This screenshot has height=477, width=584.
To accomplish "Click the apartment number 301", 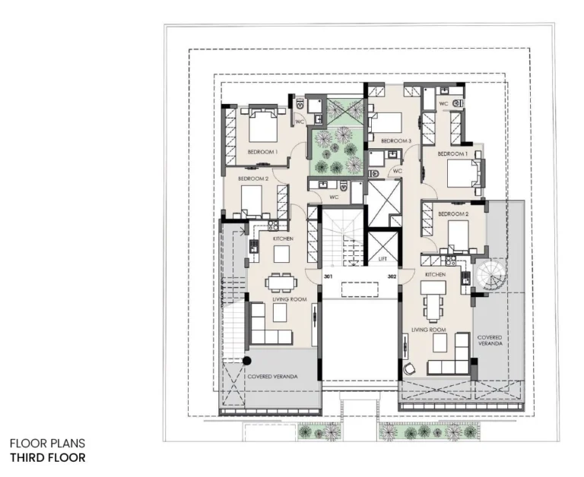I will [328, 277].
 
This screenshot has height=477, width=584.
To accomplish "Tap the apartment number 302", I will [392, 277].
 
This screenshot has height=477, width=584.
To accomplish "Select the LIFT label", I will [382, 260].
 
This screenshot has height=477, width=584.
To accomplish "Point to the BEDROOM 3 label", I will [396, 141].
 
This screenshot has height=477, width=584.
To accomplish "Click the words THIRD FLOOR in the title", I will [47, 458].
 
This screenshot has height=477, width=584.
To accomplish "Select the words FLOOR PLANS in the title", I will [47, 444].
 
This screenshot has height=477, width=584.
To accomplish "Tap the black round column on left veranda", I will [247, 360].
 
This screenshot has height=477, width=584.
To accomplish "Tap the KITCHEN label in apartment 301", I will [284, 238].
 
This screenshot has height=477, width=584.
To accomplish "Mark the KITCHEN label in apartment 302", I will [435, 274].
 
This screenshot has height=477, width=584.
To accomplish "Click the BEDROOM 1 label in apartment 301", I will [262, 153].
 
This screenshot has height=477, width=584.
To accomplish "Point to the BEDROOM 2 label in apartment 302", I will [453, 214].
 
